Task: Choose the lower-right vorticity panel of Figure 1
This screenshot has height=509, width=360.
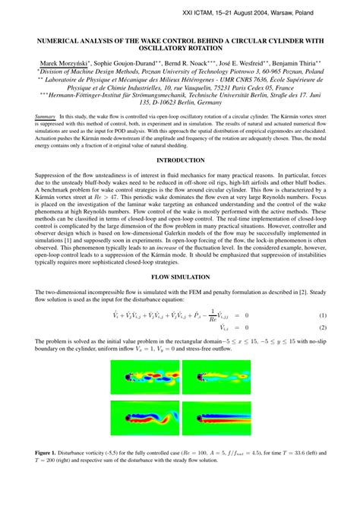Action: tap(216, 419)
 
